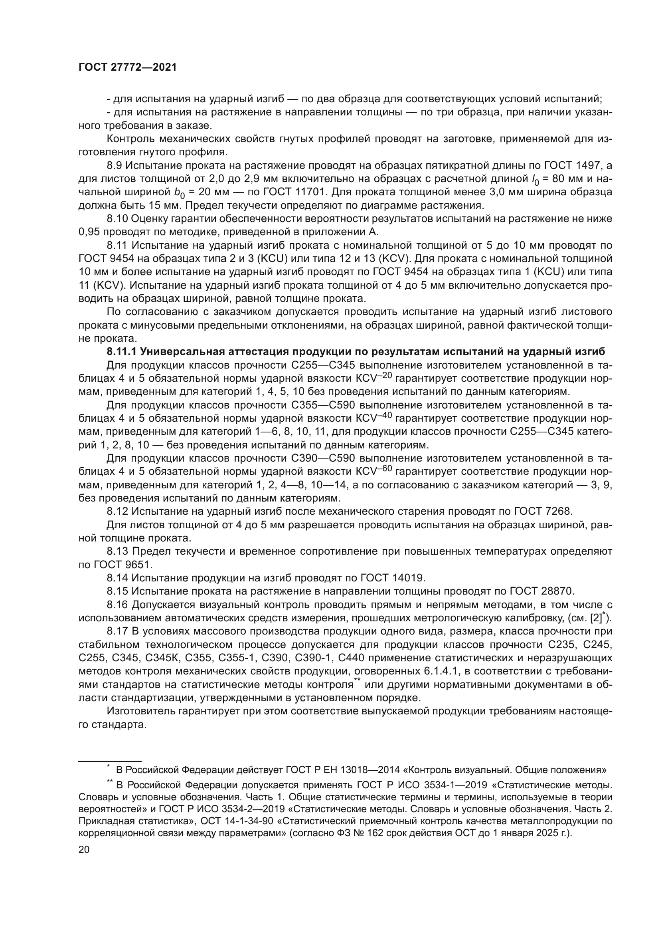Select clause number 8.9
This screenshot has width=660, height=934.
(114, 165)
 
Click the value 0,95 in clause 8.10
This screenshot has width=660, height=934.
(89, 232)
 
